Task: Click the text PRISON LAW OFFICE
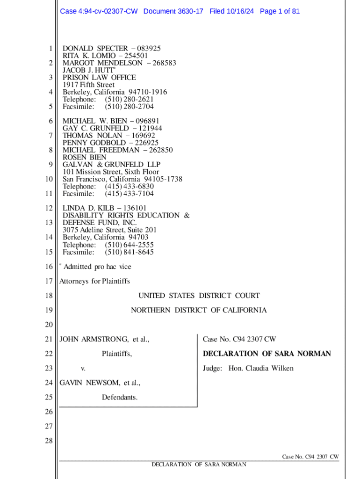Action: click(99, 77)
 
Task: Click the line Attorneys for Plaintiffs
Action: click(94, 281)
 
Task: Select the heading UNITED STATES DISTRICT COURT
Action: click(199, 296)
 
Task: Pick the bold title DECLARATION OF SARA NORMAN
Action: click(266, 354)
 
